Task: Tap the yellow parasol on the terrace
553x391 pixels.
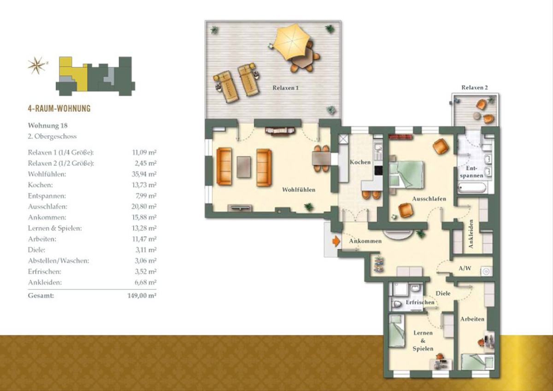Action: coord(293,41)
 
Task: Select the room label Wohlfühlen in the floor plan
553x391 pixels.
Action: coord(299,190)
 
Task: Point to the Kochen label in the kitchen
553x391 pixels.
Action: coord(360,162)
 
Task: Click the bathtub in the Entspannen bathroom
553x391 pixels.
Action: coord(472,188)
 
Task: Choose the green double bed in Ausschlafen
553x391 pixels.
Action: coord(406,175)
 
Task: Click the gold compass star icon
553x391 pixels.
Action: coord(37,65)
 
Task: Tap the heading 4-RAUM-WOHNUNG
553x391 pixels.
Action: coord(59,108)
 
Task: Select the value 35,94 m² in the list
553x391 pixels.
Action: coord(144,174)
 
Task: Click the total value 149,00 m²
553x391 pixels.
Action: coord(142,296)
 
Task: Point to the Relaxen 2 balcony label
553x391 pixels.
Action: coord(475,88)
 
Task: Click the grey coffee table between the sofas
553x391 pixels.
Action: coord(244,167)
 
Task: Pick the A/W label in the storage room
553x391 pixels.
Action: coord(465,268)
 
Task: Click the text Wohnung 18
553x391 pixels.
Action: coord(47,125)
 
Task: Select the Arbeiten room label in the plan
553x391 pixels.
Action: coord(472,319)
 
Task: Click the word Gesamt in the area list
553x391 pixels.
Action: coord(41,296)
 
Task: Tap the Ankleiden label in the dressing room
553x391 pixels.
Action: coord(471,234)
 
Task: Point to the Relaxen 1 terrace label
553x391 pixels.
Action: coord(286,88)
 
